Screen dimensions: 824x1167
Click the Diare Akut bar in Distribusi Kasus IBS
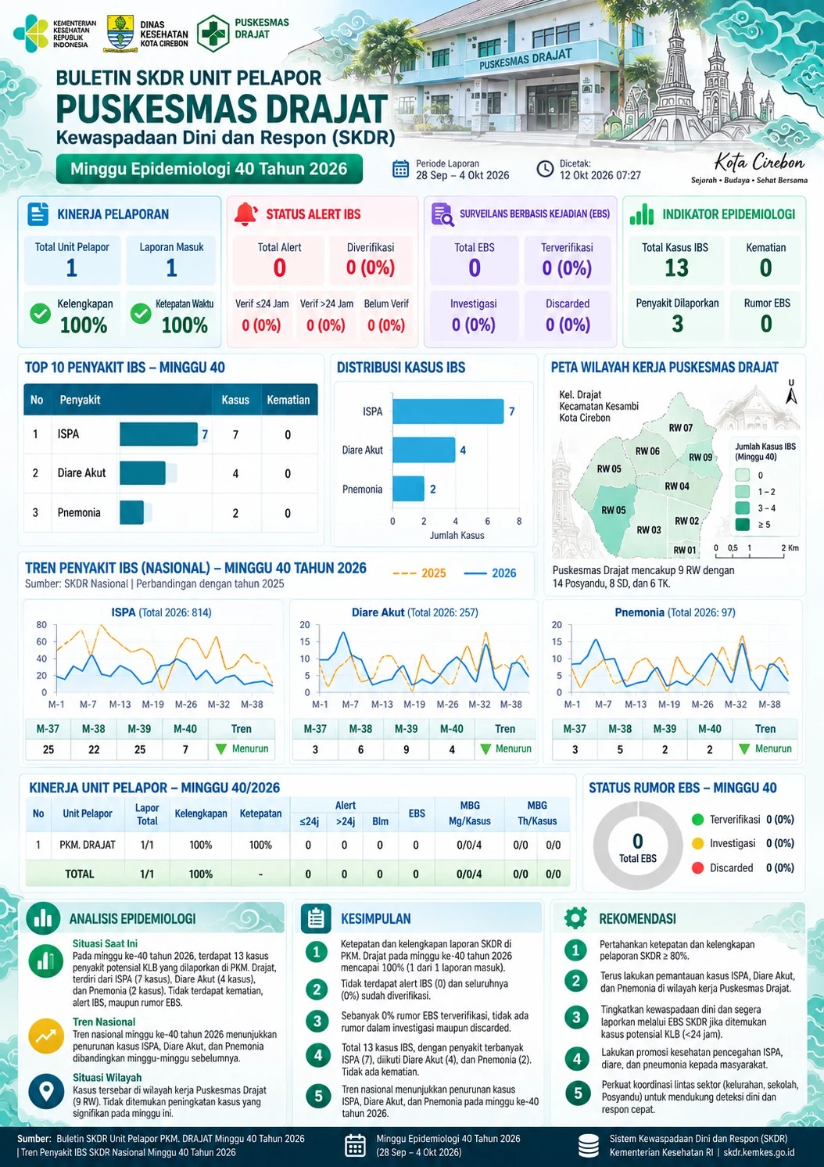click(424, 450)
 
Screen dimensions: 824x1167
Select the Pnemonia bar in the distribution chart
click(408, 489)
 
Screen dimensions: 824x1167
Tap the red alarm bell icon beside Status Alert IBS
click(245, 214)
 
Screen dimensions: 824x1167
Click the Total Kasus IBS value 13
click(676, 268)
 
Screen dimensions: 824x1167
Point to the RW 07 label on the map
click(681, 428)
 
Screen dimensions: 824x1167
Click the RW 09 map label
click(700, 458)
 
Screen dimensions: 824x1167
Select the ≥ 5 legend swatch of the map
click(742, 524)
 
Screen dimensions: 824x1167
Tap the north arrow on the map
click(791, 393)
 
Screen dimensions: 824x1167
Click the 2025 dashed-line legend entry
click(419, 573)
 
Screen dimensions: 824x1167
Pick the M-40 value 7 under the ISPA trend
click(185, 749)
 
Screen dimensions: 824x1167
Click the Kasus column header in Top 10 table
click(235, 400)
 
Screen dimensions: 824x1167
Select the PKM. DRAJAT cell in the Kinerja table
click(88, 845)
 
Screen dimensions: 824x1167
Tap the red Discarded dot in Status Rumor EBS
click(697, 867)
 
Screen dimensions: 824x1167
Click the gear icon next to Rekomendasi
click(576, 918)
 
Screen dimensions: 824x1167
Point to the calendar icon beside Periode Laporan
click(400, 169)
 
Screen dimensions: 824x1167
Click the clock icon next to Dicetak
click(545, 169)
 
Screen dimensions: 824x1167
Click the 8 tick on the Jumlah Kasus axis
click(519, 521)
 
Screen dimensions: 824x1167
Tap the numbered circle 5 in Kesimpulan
click(317, 1096)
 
